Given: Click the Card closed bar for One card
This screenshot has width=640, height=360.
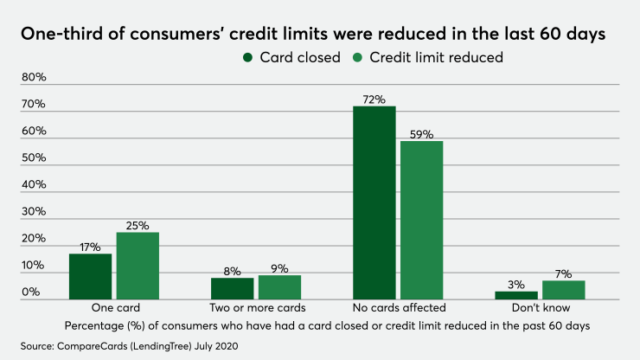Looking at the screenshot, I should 91,276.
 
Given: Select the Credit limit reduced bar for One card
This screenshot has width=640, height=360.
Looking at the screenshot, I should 138,266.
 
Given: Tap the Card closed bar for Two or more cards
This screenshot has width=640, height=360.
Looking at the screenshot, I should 233,288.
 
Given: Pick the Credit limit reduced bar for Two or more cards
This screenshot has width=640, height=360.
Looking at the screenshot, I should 278,287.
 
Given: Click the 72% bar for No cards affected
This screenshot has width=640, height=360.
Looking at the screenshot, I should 374,202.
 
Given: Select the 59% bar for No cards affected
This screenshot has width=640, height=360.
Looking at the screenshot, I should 421,220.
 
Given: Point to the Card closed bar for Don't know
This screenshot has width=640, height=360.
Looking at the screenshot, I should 515,295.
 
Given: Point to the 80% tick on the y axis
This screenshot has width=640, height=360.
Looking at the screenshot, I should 35,77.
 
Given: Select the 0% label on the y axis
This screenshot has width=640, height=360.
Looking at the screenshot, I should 31,292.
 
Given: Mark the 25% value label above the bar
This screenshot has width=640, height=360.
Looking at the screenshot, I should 138,225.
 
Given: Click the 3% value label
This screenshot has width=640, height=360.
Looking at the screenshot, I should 515,284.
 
